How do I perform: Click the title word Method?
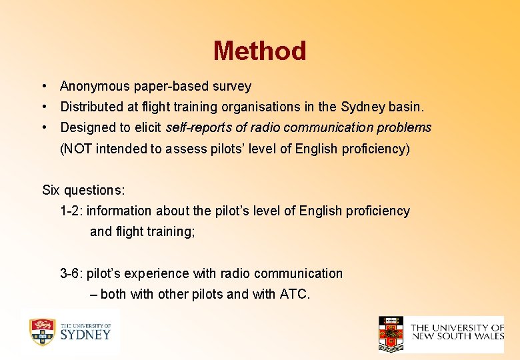point(259,51)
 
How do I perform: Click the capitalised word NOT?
point(75,149)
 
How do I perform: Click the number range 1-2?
point(71,211)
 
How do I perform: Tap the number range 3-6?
point(71,273)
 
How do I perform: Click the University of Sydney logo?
point(69,331)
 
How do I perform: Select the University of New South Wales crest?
point(391,333)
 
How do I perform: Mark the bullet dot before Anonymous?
point(43,86)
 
